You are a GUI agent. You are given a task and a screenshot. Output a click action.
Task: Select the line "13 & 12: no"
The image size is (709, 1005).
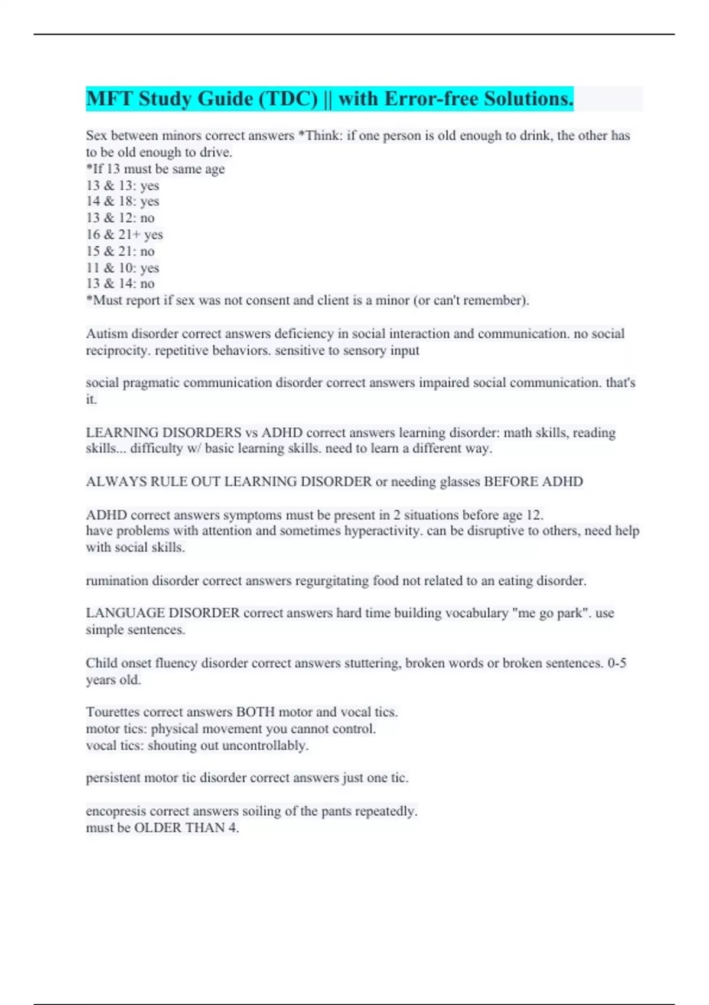tap(120, 218)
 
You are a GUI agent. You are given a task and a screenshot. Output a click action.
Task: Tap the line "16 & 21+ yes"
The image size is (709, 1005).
tap(124, 235)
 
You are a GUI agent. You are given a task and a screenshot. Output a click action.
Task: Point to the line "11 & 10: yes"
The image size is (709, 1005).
tap(122, 268)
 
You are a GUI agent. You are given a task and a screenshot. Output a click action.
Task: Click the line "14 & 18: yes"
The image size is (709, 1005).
tap(122, 202)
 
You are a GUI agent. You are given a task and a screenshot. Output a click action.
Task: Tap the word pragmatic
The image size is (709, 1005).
tap(151, 383)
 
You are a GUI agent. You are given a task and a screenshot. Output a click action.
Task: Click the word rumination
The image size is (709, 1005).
tap(117, 581)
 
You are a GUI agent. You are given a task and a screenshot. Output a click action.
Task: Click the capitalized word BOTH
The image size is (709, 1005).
tap(255, 712)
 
